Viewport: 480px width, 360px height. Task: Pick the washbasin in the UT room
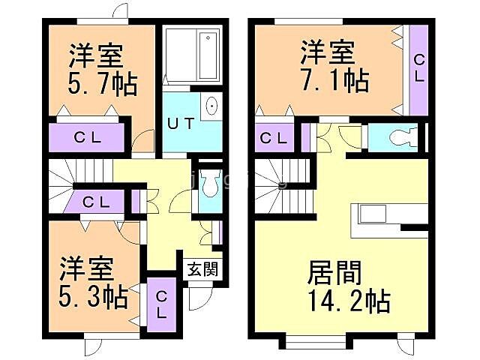tap(211, 107)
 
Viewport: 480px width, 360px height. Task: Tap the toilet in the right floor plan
tap(397, 136)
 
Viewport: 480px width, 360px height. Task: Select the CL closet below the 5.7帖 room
tap(87, 137)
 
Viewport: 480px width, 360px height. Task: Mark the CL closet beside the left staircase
tap(97, 201)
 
